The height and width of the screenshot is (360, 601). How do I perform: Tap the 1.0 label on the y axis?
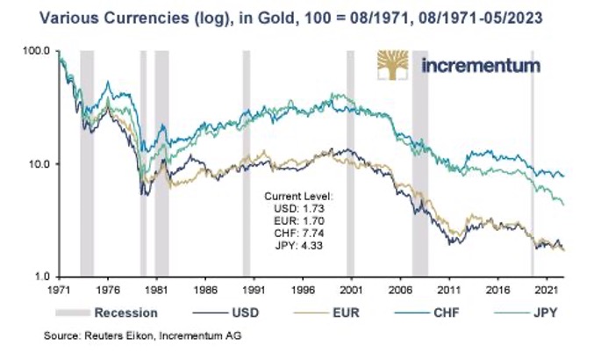(x=39, y=277)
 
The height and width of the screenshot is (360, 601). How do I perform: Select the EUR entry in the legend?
(x=348, y=312)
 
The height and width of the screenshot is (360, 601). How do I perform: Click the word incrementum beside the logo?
(x=481, y=67)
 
